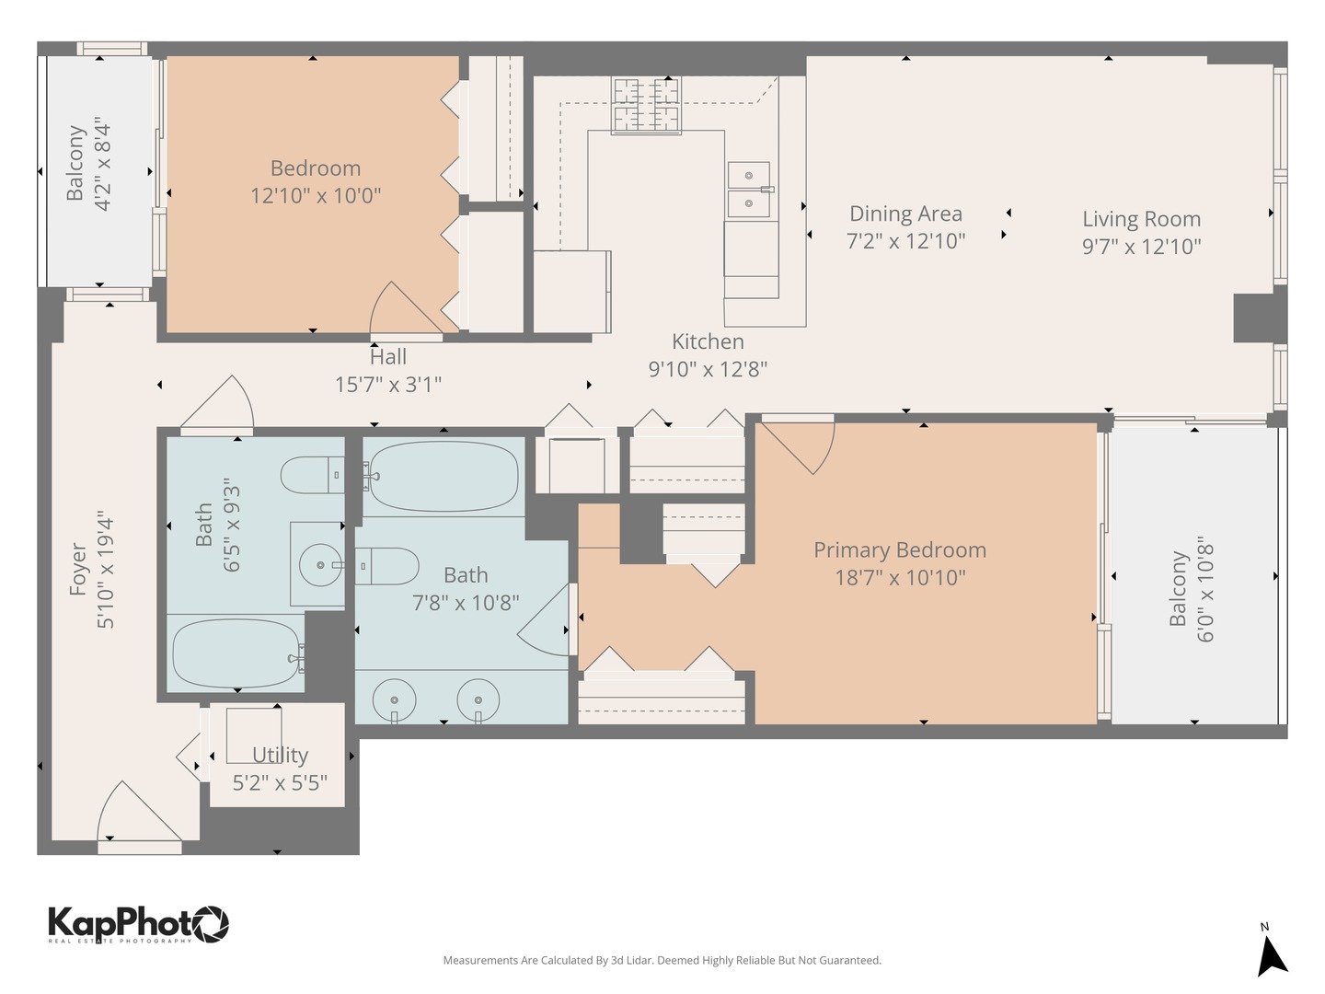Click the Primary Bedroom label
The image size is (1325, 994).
(899, 550)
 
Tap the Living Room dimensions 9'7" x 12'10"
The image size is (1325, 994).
(1141, 247)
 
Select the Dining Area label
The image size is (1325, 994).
(905, 214)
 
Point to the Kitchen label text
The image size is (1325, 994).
(708, 341)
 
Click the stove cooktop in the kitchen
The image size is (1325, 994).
(647, 105)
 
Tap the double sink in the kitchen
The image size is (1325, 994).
(750, 190)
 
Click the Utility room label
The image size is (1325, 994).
(280, 755)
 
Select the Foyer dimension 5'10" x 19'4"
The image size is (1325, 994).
(106, 571)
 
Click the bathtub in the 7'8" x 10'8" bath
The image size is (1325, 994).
(443, 477)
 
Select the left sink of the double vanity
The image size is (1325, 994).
(394, 700)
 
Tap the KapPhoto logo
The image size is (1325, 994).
(138, 923)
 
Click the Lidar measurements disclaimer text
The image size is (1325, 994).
(662, 960)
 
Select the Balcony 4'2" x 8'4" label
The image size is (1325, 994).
(88, 164)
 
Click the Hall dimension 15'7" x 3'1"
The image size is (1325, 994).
(387, 385)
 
